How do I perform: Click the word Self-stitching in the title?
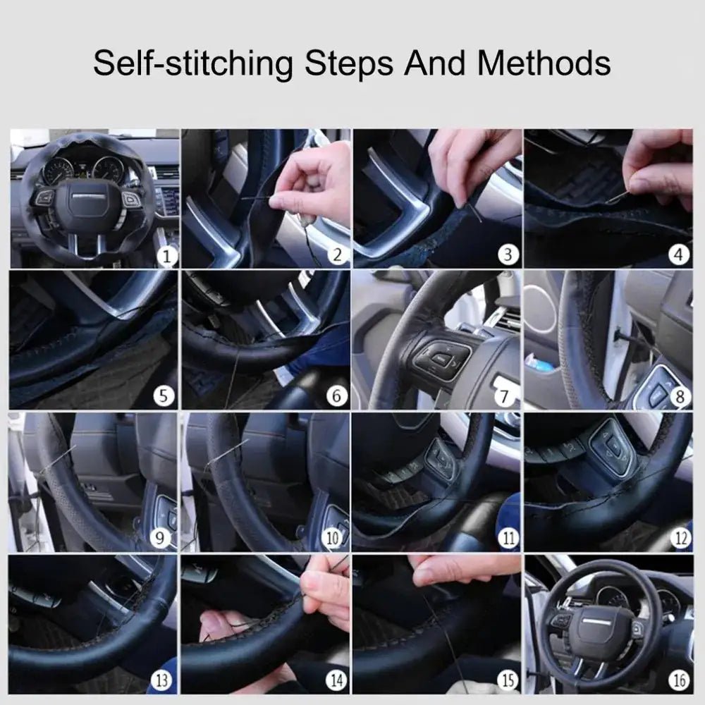click(x=192, y=63)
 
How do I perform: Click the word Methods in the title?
click(x=544, y=63)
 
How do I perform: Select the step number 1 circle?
click(x=166, y=255)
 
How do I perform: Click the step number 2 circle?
click(x=337, y=255)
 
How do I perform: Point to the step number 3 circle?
click(x=508, y=255)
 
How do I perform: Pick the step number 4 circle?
click(x=679, y=255)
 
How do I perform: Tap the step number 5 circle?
click(x=164, y=396)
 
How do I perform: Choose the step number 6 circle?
click(x=336, y=396)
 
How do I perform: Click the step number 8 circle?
click(x=680, y=397)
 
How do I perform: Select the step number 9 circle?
click(x=161, y=539)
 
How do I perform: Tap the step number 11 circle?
click(x=508, y=539)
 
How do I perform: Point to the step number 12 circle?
click(x=679, y=539)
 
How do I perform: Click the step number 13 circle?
click(x=161, y=680)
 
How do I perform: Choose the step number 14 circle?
click(x=334, y=680)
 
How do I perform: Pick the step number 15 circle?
click(x=506, y=680)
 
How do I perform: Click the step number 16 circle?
click(x=678, y=680)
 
